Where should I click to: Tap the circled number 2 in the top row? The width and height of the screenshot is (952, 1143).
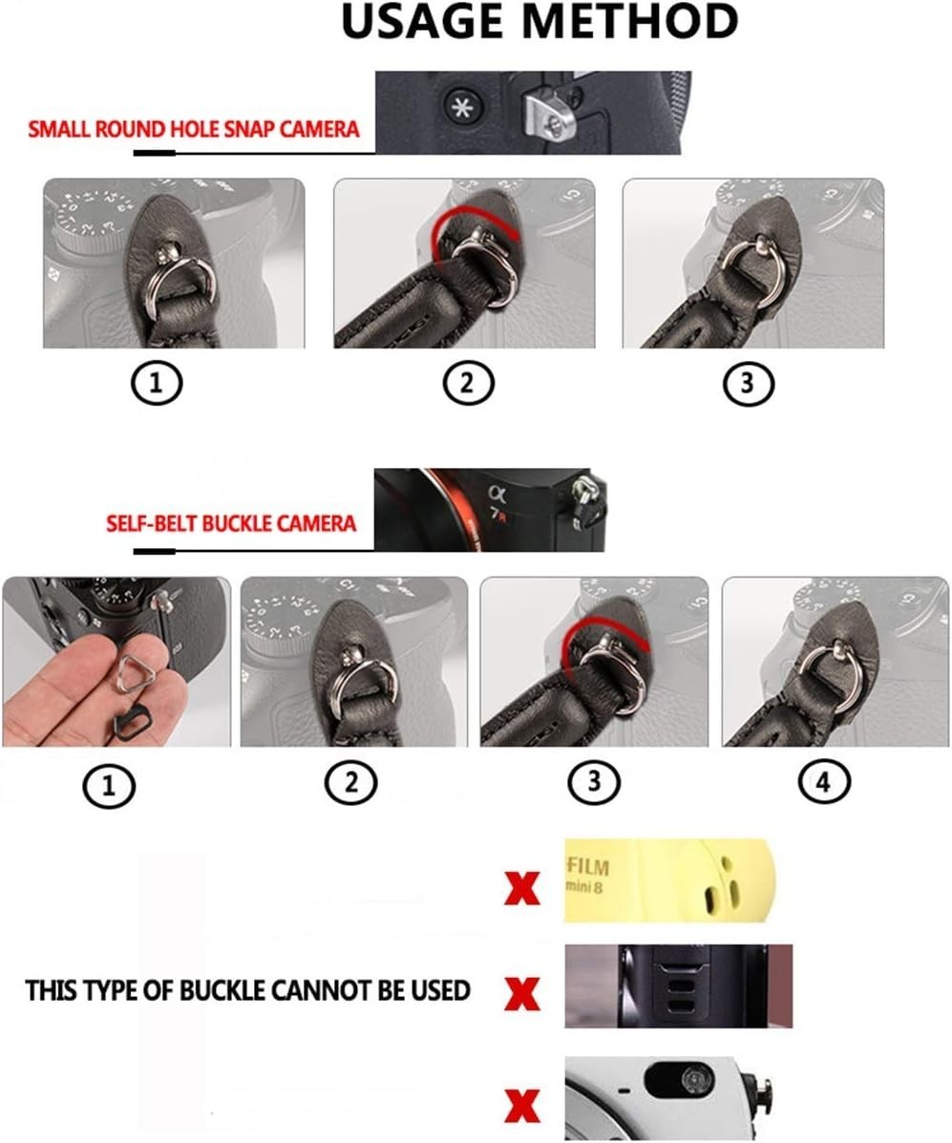[x=468, y=383]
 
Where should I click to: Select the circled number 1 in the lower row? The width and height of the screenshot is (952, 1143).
[x=110, y=786]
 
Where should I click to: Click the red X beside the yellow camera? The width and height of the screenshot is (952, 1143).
[x=522, y=889]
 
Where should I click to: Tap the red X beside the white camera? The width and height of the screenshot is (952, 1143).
[x=522, y=1105]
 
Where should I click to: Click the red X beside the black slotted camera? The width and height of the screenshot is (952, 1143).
[x=522, y=994]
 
